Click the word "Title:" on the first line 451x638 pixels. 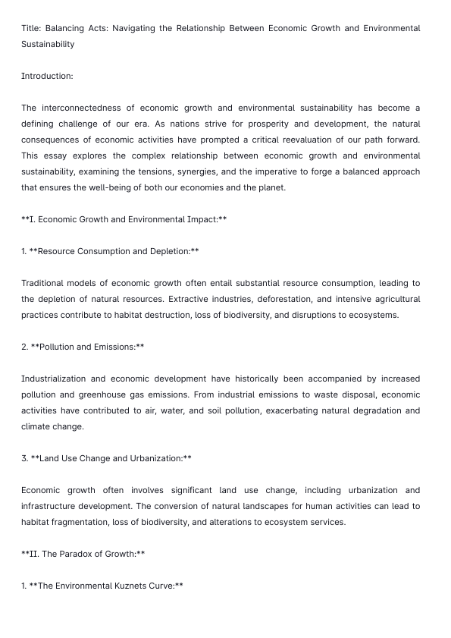tap(31, 28)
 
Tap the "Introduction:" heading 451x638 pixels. tap(47, 76)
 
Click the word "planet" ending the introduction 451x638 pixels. tap(271, 187)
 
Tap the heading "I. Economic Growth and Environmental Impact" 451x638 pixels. tap(124, 219)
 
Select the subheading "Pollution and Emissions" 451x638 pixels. tap(87, 347)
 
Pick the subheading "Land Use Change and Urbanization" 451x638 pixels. tap(111, 458)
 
